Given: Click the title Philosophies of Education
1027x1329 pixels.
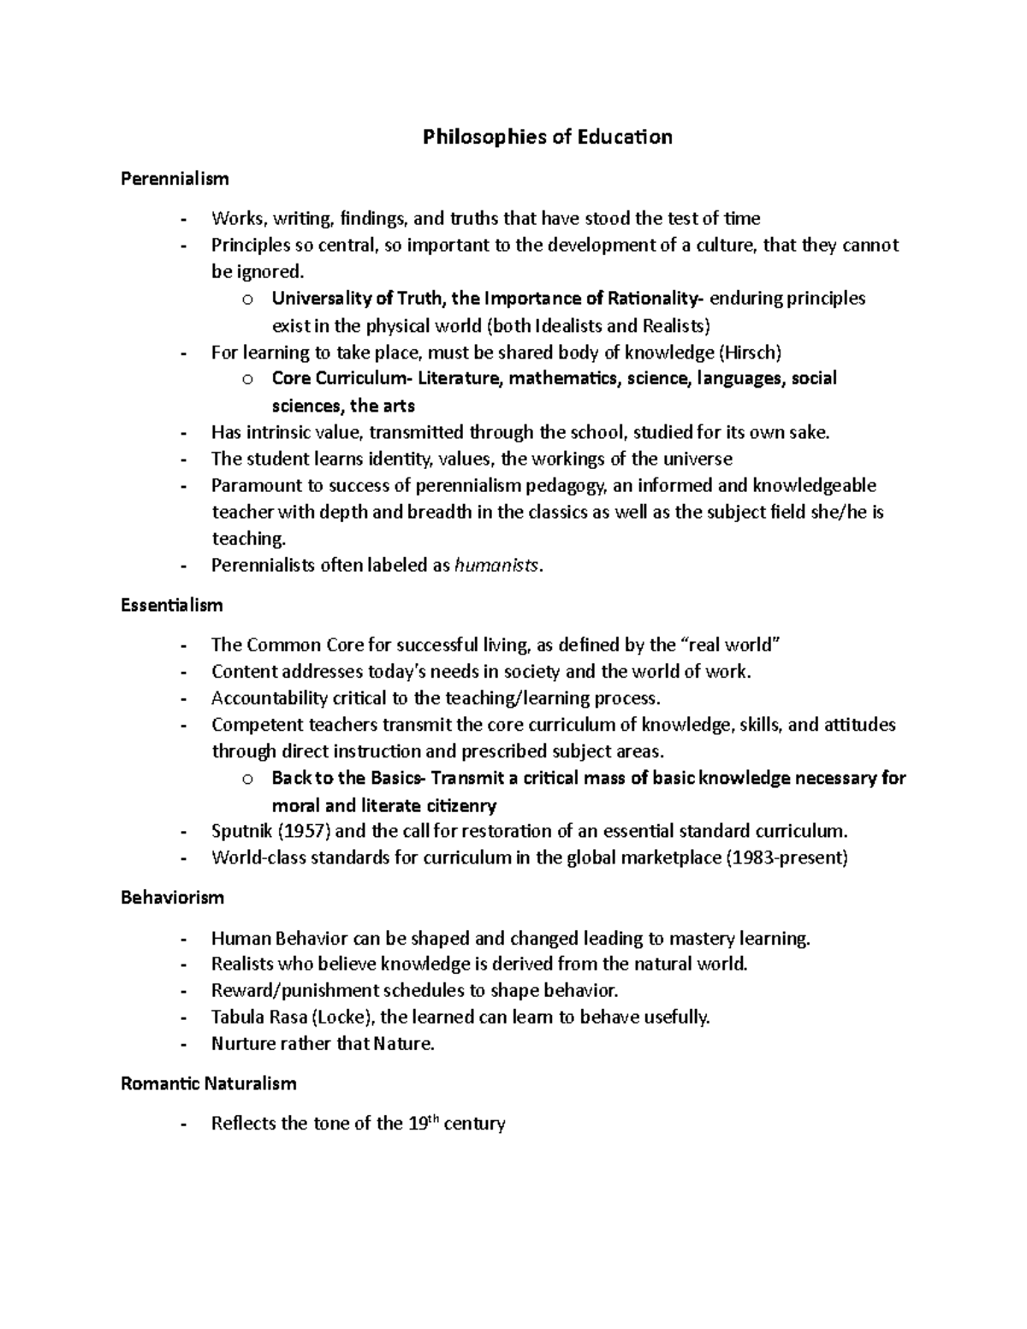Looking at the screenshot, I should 547,137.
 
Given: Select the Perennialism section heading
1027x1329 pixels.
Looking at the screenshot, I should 175,179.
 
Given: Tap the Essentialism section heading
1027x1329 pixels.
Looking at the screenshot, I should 171,605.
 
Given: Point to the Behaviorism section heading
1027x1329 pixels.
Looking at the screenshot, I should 172,898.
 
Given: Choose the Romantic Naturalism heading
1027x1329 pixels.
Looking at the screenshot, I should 208,1083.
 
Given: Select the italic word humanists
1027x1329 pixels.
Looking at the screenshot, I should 497,565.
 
